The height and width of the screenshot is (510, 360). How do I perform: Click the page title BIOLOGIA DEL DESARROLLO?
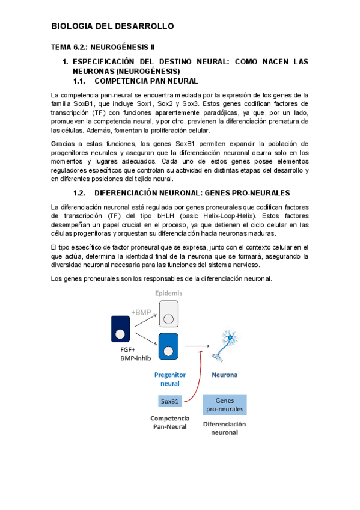click(x=112, y=26)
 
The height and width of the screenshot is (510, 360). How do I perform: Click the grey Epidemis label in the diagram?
click(x=169, y=293)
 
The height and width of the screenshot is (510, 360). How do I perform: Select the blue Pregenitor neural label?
click(x=169, y=378)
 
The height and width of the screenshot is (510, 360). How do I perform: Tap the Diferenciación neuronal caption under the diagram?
click(x=224, y=428)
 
